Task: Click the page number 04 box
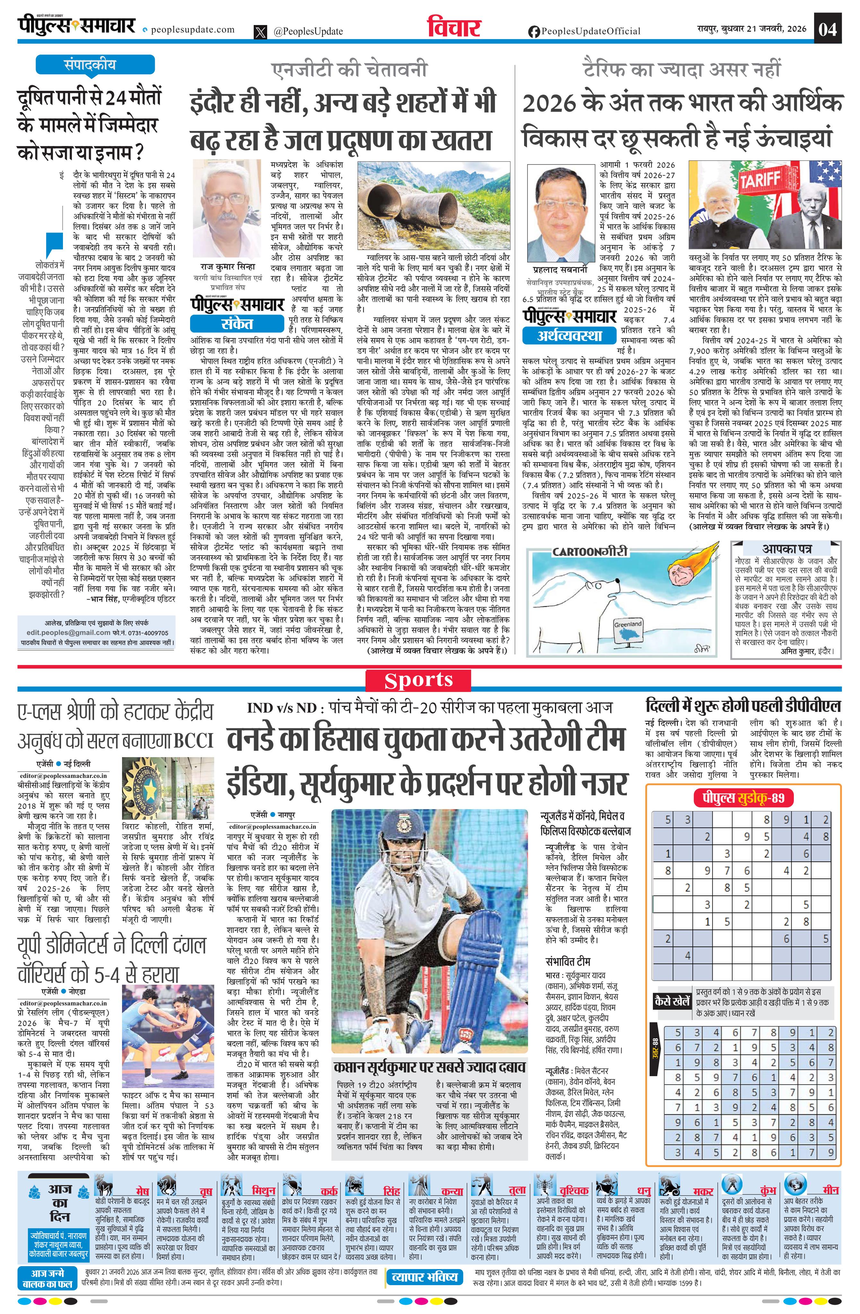pyautogui.click(x=828, y=29)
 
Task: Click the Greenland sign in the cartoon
pyautogui.click(x=628, y=625)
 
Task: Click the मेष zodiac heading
pyautogui.click(x=142, y=1191)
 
